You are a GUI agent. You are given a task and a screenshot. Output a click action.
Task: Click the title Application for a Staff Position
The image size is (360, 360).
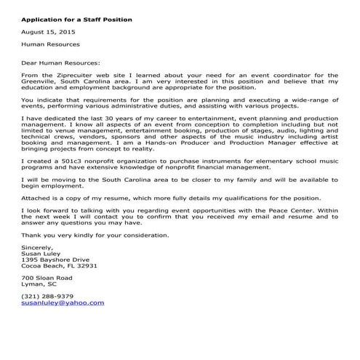[x=76, y=20]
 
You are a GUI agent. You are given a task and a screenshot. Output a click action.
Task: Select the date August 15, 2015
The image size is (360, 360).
[x=48, y=33]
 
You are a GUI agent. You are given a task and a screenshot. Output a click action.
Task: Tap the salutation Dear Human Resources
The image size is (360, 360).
[x=61, y=63]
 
